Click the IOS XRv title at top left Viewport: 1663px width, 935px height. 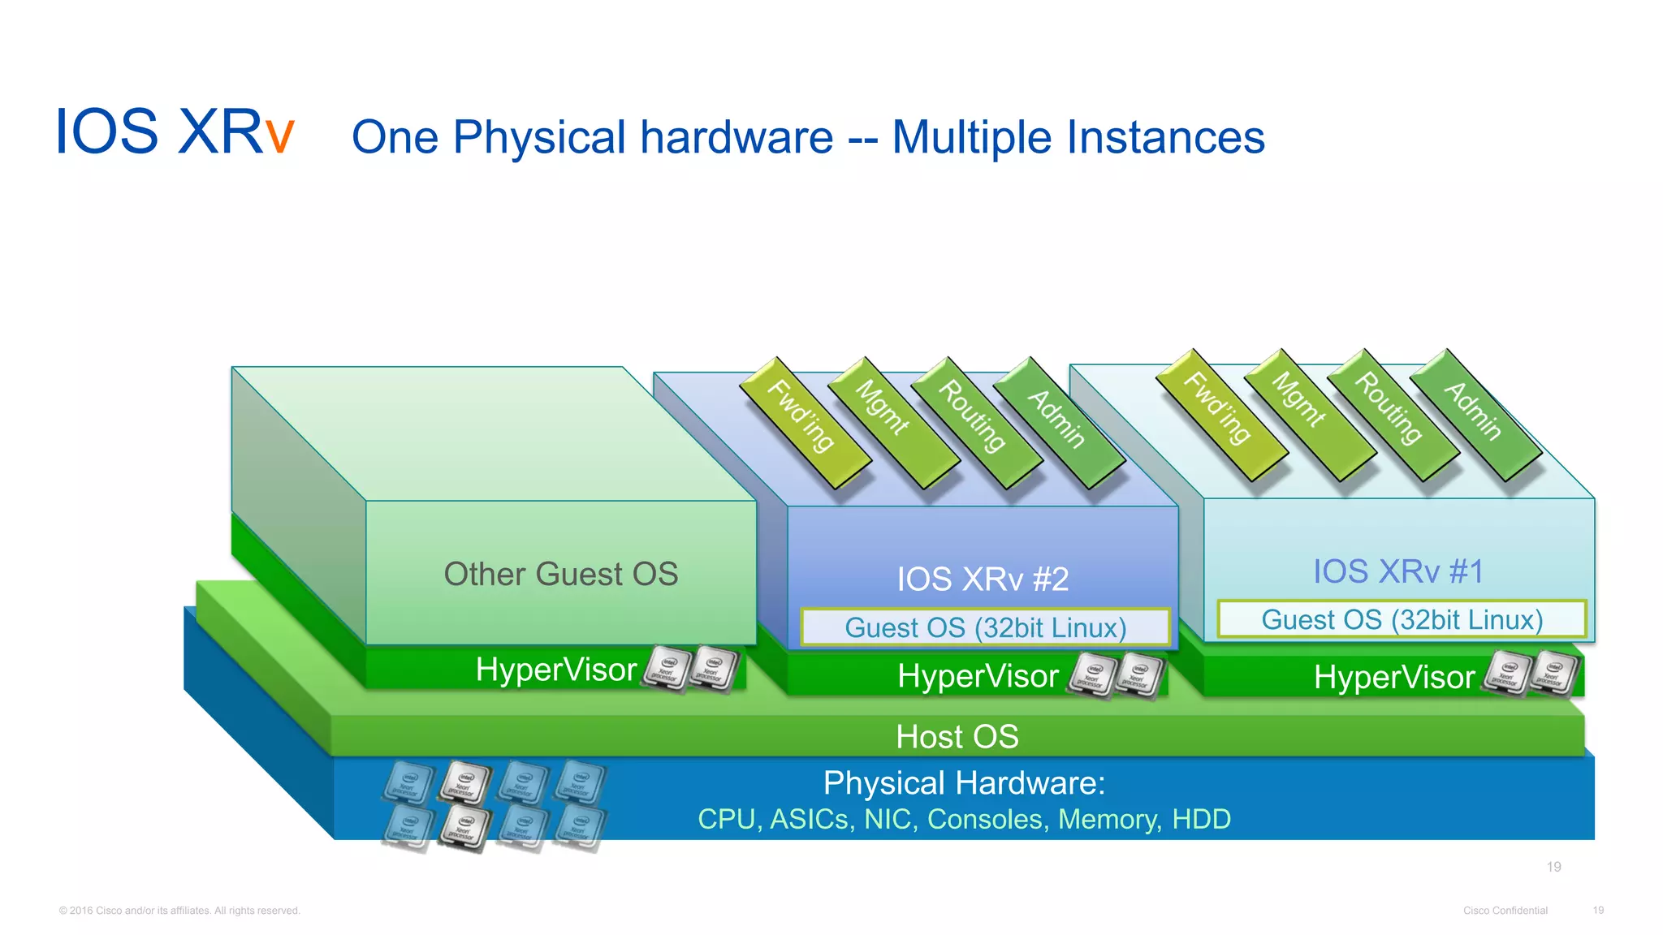point(174,132)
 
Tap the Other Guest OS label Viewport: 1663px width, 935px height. point(560,574)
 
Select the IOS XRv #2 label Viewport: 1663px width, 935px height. point(983,579)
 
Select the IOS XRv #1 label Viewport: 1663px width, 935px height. point(1398,571)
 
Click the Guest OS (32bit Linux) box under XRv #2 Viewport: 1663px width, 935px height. point(985,627)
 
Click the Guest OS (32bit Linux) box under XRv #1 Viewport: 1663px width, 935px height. point(1402,619)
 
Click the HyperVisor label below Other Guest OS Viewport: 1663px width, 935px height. point(556,670)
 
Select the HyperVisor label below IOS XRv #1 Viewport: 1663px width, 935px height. point(1393,677)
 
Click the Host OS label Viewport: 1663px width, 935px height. point(957,737)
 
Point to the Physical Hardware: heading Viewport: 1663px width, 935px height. point(964,783)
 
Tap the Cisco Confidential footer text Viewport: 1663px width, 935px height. point(1505,911)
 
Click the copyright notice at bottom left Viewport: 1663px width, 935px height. point(179,911)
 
